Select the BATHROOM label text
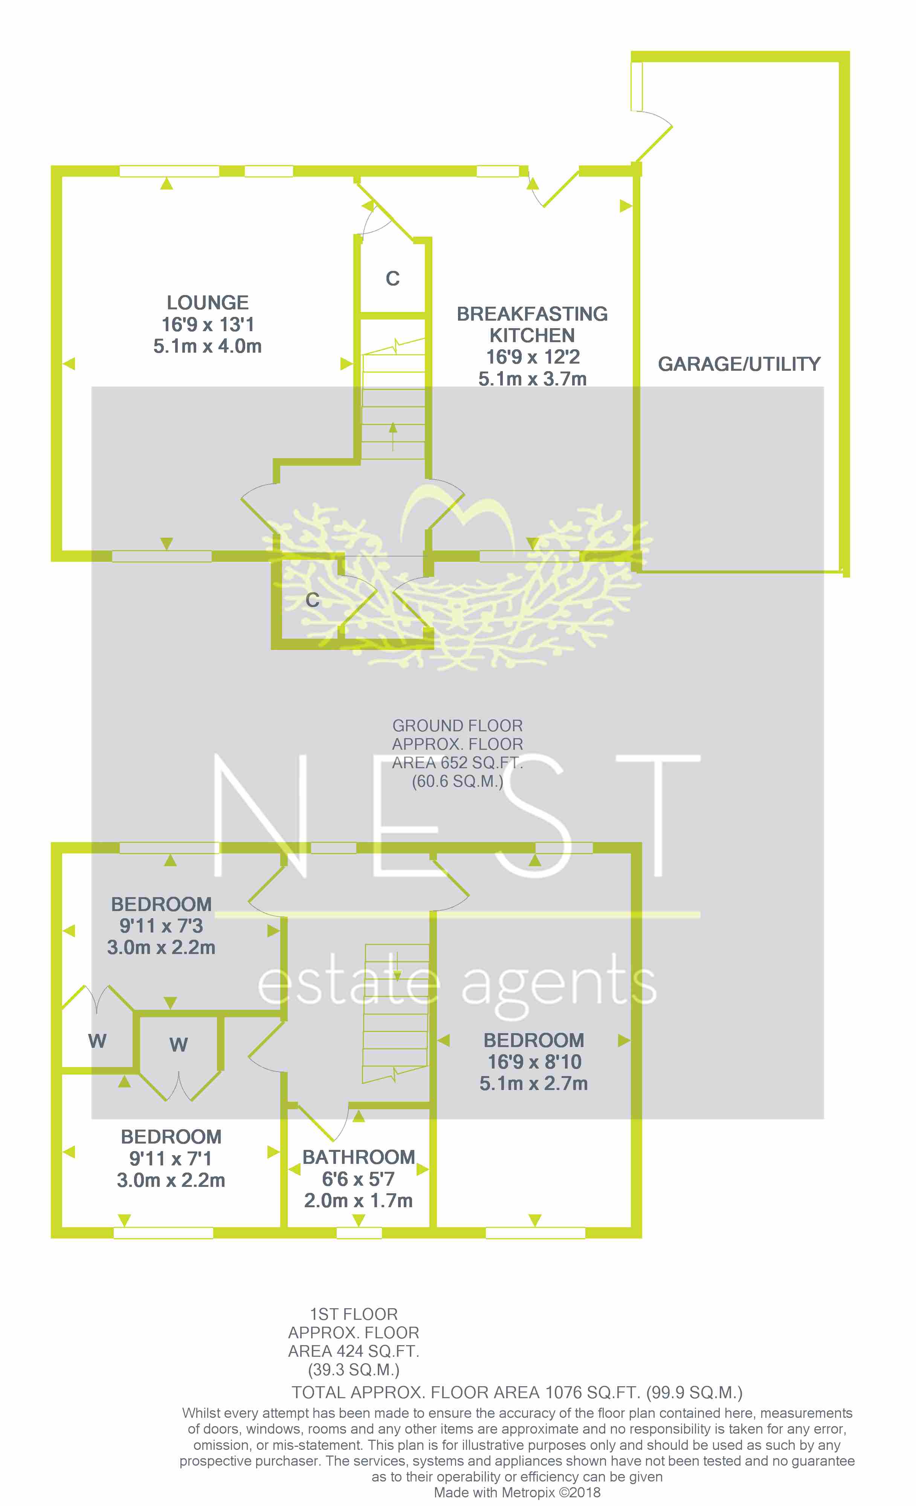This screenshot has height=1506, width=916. click(359, 1157)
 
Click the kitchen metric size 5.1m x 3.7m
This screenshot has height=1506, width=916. click(532, 379)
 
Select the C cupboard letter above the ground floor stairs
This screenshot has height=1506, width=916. click(392, 279)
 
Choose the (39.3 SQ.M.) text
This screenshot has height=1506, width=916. click(353, 1370)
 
